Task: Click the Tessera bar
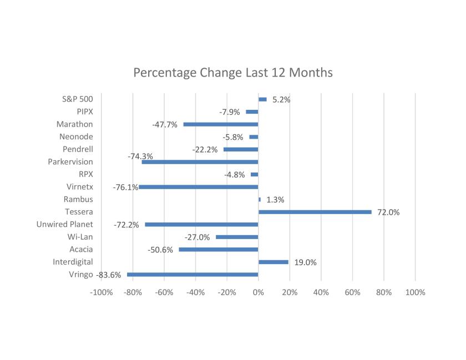[315, 212]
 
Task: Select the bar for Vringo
[193, 275]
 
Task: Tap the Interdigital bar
[273, 262]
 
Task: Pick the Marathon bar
[221, 124]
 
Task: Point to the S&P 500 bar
[262, 99]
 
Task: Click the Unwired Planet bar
[201, 225]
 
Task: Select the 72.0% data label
[388, 212]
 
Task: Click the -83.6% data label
[109, 275]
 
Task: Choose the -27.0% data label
[197, 237]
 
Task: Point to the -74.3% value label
[140, 156]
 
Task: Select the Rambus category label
[78, 199]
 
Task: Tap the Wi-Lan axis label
[80, 237]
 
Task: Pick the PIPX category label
[85, 111]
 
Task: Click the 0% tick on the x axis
[258, 292]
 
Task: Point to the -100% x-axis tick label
[101, 292]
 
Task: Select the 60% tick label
[352, 292]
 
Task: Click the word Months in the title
[308, 73]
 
